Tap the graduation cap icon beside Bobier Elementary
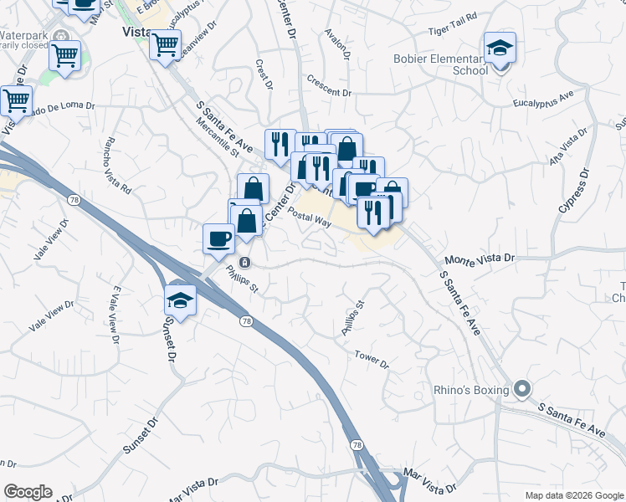[500, 48]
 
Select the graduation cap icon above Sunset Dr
[180, 298]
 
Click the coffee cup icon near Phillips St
[219, 238]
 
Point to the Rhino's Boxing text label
[471, 390]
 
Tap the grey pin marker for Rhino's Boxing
[523, 389]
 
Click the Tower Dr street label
[372, 359]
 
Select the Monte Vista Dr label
[480, 261]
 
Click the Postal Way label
[310, 215]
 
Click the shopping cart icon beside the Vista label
[165, 44]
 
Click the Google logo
[28, 492]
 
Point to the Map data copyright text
[573, 495]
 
